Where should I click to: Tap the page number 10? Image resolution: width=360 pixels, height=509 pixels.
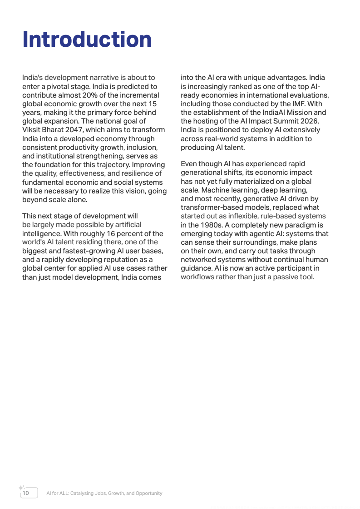point(26,493)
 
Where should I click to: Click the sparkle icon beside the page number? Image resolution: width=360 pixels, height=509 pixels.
point(21,488)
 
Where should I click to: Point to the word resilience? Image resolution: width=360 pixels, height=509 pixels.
point(135,173)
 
